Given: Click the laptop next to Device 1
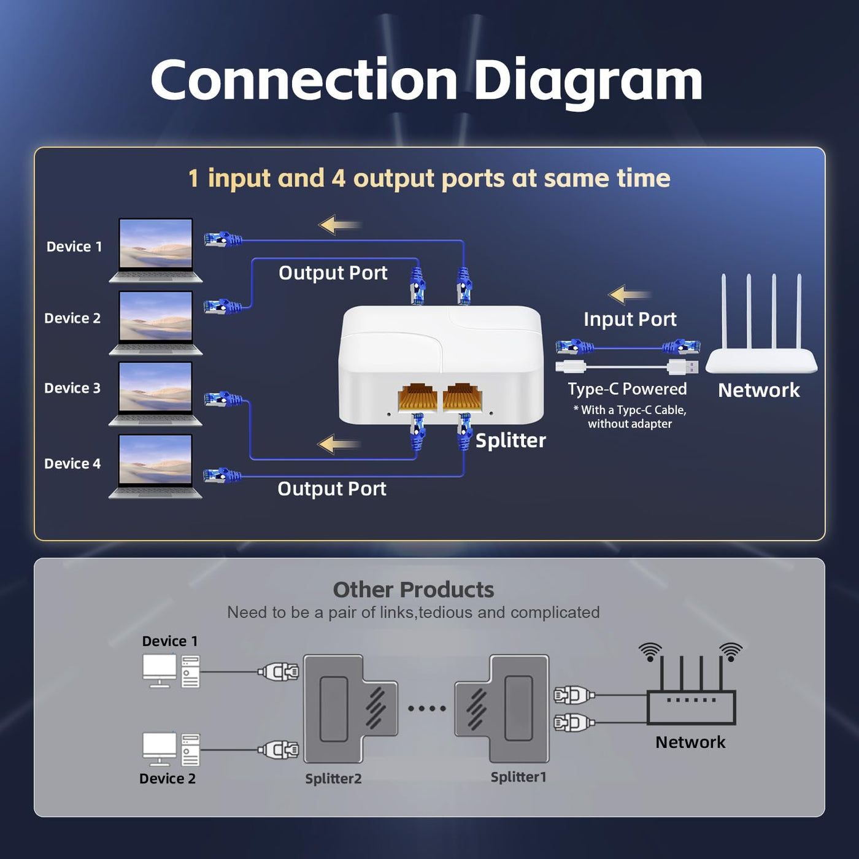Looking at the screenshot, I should click(x=156, y=249).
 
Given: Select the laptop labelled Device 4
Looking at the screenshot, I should click(x=155, y=466).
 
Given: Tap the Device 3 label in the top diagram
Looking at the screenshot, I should click(x=72, y=388).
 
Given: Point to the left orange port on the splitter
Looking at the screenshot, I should click(x=417, y=398).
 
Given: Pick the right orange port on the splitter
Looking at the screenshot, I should click(x=462, y=398).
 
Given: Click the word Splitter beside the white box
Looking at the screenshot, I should click(x=510, y=441).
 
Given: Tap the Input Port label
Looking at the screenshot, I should click(x=630, y=319).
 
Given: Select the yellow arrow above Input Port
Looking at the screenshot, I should click(x=628, y=295).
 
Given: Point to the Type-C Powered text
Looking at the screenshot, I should click(x=627, y=389).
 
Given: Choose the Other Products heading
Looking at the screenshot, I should click(x=413, y=590).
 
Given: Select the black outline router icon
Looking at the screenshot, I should click(x=691, y=699).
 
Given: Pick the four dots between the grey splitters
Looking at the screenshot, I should click(x=427, y=709).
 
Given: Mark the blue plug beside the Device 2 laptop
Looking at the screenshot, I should click(x=221, y=306).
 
